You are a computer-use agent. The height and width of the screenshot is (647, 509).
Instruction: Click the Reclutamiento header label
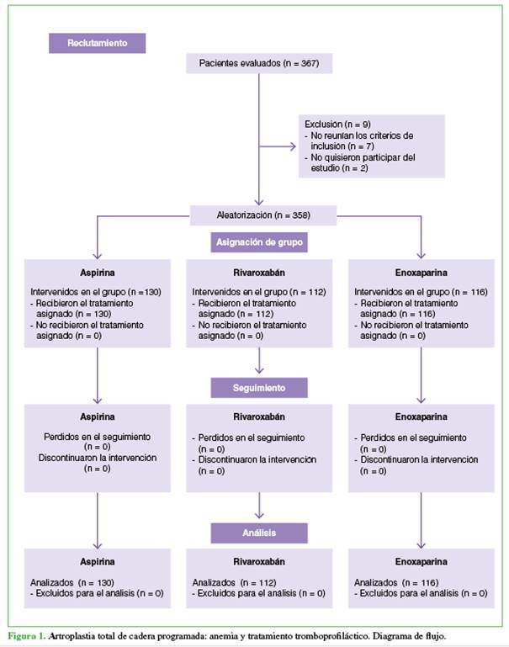(x=97, y=44)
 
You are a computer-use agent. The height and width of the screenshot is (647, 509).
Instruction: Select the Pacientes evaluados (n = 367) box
(x=258, y=64)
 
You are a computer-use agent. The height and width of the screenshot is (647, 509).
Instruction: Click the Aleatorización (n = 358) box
(x=264, y=215)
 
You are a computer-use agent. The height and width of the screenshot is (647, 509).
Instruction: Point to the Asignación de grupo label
(x=258, y=242)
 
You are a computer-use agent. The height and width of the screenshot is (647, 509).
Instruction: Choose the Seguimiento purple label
(x=258, y=388)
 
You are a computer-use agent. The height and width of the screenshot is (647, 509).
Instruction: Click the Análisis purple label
(x=258, y=533)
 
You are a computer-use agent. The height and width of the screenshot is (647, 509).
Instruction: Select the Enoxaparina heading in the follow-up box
(x=419, y=416)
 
